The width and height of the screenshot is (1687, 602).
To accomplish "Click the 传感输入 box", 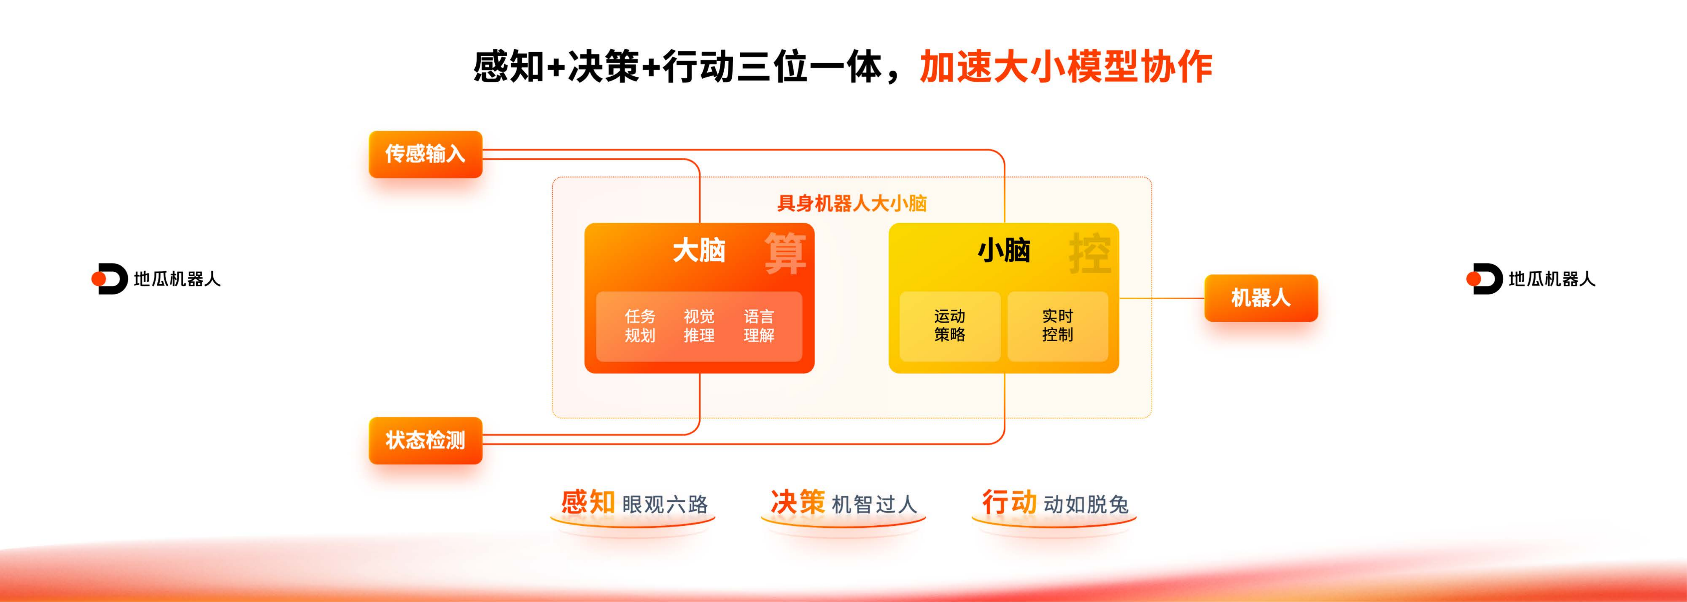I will click(x=426, y=154).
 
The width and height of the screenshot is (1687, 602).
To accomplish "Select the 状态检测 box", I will click(x=426, y=441).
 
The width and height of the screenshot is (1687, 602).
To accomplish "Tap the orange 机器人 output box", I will click(x=1261, y=298).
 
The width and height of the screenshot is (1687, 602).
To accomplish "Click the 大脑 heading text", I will click(x=699, y=250).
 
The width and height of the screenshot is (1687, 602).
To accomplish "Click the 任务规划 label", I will click(x=640, y=326).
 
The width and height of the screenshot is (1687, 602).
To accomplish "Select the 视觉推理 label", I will click(x=699, y=326).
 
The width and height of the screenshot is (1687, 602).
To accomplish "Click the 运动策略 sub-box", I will click(x=950, y=326).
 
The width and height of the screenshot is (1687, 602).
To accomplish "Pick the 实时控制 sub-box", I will click(x=1058, y=326).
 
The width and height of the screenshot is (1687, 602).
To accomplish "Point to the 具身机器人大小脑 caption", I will click(x=851, y=203).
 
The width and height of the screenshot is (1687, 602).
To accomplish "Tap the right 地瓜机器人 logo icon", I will click(x=1484, y=279).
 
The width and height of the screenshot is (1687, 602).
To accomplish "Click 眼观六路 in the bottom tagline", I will click(x=665, y=504).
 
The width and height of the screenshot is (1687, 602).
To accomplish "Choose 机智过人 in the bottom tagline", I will click(x=874, y=504).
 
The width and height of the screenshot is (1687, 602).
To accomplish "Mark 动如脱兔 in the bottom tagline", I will click(x=1086, y=504).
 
